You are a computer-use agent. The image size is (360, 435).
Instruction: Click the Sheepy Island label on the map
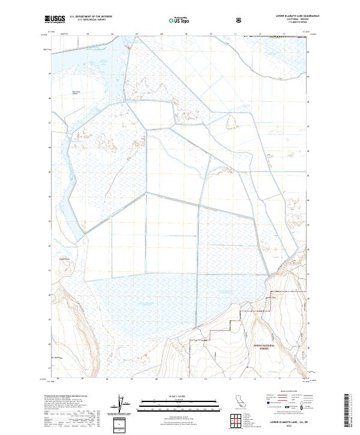click(x=76, y=92)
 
